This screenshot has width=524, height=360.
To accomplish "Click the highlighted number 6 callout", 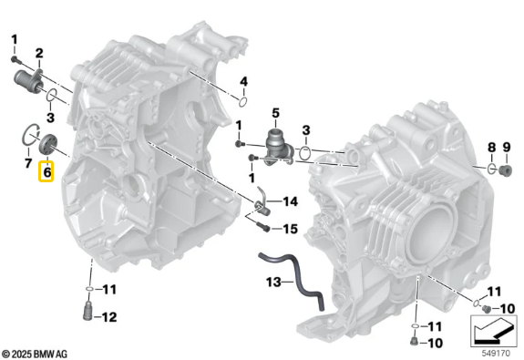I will [46, 170].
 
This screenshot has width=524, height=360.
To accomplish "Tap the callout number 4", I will [243, 84].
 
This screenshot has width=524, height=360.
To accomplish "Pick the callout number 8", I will [490, 147].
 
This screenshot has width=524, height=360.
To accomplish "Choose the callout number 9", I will [508, 147].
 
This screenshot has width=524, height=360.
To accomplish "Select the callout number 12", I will [109, 317].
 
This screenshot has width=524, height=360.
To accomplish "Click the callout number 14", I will [290, 201].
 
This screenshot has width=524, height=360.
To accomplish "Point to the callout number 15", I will [290, 228].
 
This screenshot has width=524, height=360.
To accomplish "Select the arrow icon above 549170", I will [493, 324].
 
